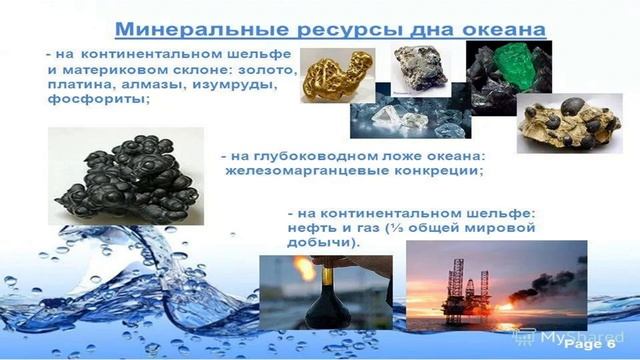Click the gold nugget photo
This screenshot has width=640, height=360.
337,75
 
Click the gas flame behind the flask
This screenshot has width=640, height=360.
301,269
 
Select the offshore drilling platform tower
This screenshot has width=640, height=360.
456,286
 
